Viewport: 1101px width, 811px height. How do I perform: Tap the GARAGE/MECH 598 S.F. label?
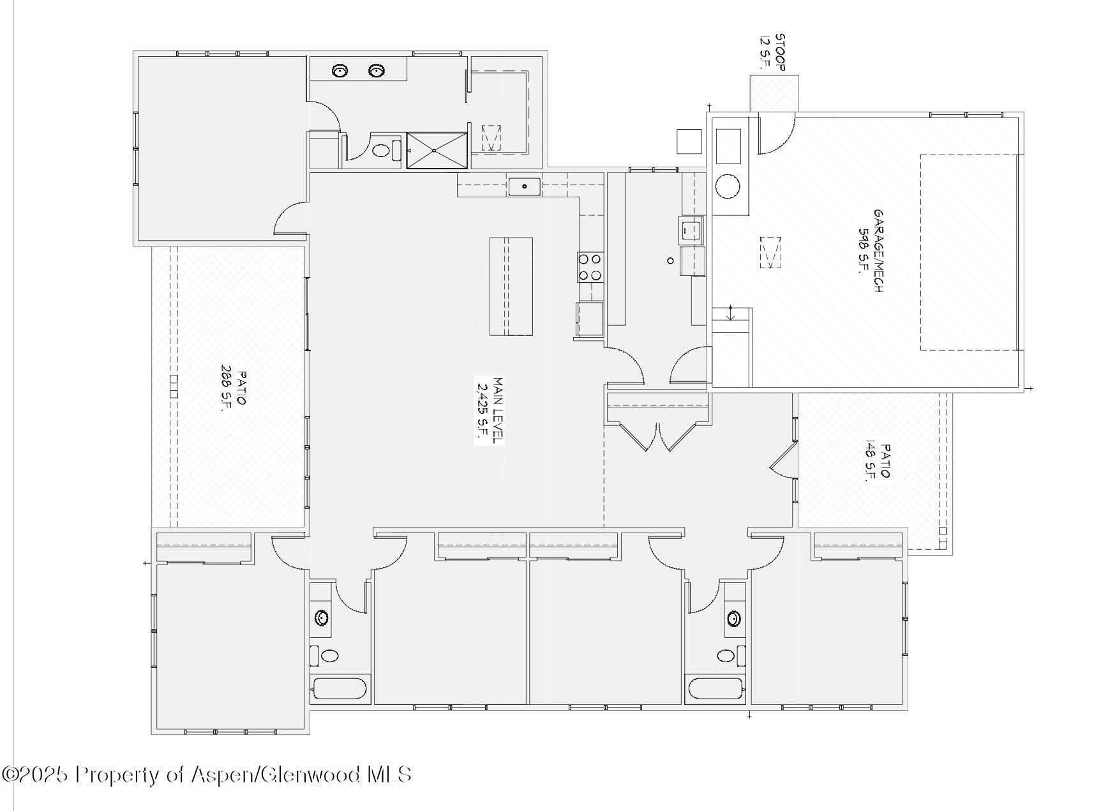coord(871,250)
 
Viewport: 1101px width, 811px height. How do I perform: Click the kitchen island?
coord(511,286)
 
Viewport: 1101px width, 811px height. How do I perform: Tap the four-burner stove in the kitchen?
coord(590,267)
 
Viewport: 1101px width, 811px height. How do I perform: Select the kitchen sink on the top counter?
coord(525,186)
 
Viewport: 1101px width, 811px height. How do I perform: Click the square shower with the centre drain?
coord(437,151)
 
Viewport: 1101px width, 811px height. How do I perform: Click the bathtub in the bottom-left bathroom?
coord(339,690)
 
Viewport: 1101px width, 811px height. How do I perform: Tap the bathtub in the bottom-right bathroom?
coord(716,690)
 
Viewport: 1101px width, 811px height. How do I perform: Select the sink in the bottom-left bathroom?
coord(321,618)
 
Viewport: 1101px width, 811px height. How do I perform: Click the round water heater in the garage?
coord(728,187)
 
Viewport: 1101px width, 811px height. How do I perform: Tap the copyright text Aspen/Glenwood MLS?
coord(301,775)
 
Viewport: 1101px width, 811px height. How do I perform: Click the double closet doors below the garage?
coord(658,437)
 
